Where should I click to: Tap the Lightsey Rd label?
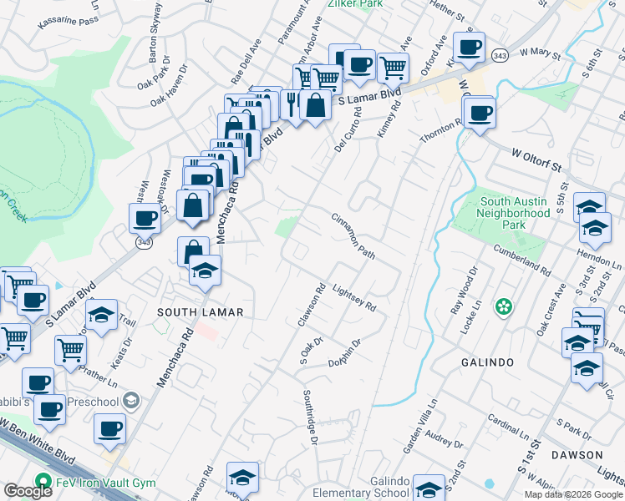click(x=354, y=298)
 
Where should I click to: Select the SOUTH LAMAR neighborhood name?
click(x=200, y=312)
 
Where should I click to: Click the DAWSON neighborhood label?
click(x=577, y=455)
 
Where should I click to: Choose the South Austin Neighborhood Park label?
click(x=516, y=207)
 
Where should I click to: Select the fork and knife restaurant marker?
click(x=292, y=104)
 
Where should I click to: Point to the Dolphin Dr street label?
click(x=344, y=352)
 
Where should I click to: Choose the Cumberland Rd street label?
click(x=522, y=258)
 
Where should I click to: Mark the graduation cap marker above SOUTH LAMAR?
click(x=204, y=269)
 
